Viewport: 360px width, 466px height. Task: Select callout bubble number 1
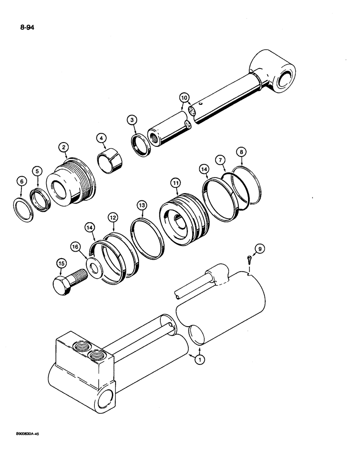click(200, 360)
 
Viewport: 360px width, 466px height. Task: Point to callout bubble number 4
click(100, 138)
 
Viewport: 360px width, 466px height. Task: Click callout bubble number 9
click(261, 249)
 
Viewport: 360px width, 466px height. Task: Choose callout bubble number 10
click(185, 97)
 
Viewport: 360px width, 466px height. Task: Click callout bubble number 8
click(241, 152)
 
